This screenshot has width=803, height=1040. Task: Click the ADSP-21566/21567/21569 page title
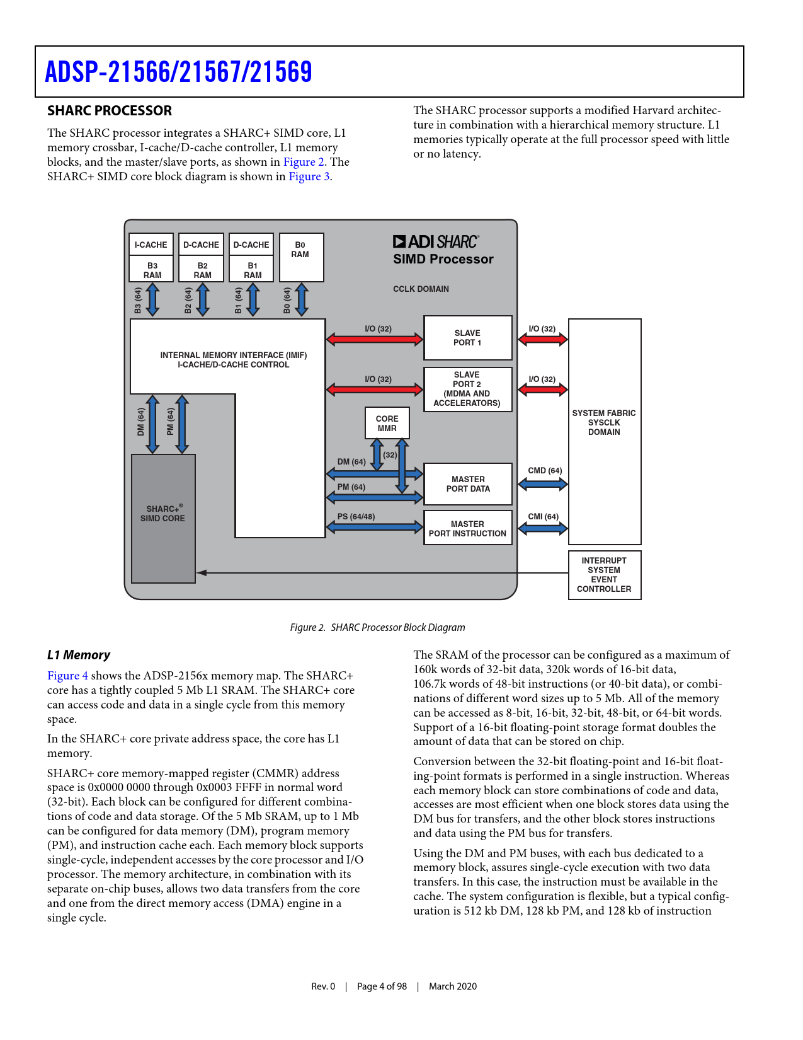coord(178,72)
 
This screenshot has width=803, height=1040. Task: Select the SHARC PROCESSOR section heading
coord(110,111)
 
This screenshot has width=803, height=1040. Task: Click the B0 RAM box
coord(301,257)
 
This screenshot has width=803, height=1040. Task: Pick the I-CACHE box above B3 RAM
coord(151,245)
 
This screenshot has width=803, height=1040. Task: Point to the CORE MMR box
coord(387,423)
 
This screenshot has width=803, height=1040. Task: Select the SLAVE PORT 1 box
coord(467,338)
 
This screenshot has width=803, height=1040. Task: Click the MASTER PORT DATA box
coord(468,484)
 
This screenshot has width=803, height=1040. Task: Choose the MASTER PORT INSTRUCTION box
coord(467,528)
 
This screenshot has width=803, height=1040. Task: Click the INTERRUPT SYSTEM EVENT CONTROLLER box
coord(604,575)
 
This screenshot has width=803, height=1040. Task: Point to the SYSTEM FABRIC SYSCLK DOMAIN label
coord(604,422)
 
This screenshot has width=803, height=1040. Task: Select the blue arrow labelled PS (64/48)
coord(374,526)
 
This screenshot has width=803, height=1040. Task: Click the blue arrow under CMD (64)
coord(543,484)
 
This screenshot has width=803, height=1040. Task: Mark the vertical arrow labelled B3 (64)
coord(152,299)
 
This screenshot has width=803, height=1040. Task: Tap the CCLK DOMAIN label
coord(421,289)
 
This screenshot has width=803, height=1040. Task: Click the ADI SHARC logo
coord(435,241)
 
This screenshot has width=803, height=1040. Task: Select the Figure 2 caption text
coord(377,628)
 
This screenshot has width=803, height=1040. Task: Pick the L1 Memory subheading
coord(79,655)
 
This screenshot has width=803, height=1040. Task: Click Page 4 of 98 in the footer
coord(382,986)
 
